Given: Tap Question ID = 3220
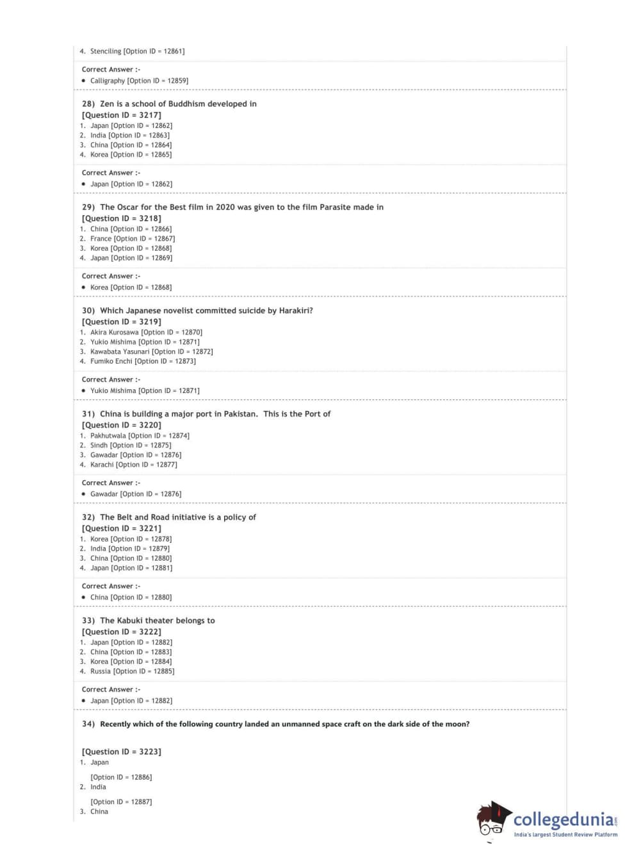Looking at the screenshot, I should click(122, 425).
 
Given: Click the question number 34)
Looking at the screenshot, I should click(88, 724).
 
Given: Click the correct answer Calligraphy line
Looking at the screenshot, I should click(139, 81).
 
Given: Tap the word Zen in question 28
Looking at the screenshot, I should click(107, 104).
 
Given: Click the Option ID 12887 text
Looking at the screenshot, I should click(121, 801).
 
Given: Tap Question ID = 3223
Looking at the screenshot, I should click(122, 751).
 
